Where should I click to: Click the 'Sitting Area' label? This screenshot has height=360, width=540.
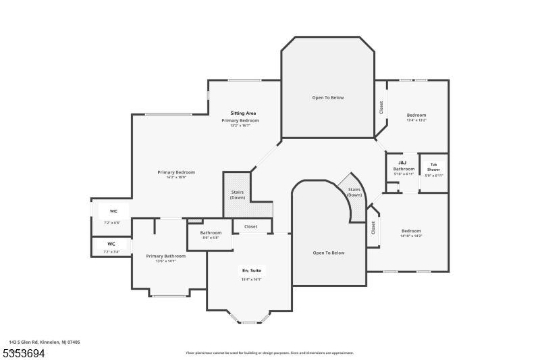click(x=243, y=113)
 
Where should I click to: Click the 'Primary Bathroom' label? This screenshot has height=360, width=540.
click(x=165, y=256)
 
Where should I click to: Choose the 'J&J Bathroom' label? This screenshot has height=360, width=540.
click(x=404, y=165)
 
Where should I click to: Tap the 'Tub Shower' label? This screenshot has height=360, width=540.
click(x=433, y=167)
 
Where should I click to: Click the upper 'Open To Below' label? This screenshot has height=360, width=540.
click(x=327, y=97)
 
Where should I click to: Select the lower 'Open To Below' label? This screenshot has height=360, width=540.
click(x=329, y=253)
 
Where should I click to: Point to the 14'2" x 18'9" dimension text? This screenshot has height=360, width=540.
click(x=171, y=178)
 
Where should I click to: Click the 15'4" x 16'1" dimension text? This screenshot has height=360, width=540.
click(x=250, y=278)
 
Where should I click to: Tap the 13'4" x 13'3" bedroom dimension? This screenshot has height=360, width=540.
click(x=416, y=120)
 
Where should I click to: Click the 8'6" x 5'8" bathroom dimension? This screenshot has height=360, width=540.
click(x=211, y=238)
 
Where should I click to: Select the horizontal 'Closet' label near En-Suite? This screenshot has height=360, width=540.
click(x=250, y=226)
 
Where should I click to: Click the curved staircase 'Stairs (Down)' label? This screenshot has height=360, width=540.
click(x=355, y=192)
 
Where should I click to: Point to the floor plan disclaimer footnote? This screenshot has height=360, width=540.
click(x=270, y=353)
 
